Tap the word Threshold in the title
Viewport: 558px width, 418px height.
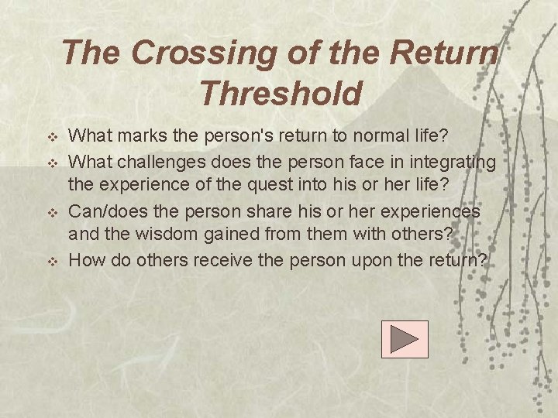pyautogui.click(x=280, y=94)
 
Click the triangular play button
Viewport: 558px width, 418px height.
pyautogui.click(x=405, y=339)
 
